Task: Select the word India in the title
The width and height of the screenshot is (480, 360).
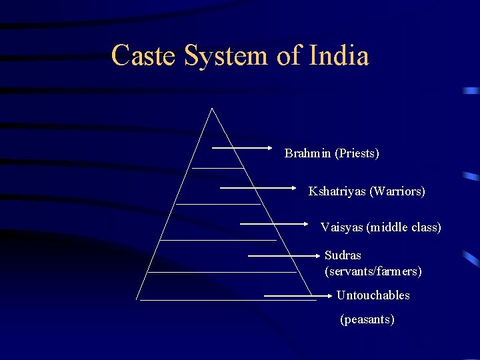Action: tap(339, 55)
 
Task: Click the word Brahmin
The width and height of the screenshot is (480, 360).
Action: tap(308, 153)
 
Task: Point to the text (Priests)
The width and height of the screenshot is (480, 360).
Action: tap(357, 153)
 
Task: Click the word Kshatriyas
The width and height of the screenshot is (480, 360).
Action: tap(337, 191)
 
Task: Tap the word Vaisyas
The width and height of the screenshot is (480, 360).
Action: tap(341, 227)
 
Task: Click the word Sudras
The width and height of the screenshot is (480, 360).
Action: tap(343, 255)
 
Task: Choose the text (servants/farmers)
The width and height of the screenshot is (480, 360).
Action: tap(373, 271)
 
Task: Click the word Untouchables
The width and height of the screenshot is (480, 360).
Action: tap(373, 295)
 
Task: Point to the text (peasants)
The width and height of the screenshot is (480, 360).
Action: tap(367, 319)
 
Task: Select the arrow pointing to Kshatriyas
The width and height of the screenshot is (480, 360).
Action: tap(257, 188)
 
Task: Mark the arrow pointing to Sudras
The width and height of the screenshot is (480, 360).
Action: tap(284, 255)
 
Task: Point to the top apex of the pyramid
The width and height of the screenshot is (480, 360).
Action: tap(212, 109)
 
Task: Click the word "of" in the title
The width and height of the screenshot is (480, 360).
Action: tap(289, 55)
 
